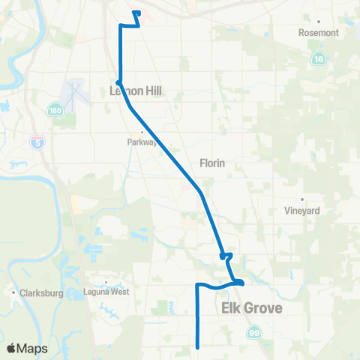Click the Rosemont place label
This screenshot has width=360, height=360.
(319, 33)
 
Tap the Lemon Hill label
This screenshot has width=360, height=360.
(135, 91)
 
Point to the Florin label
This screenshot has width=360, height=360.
(213, 163)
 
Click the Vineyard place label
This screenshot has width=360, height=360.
(302, 211)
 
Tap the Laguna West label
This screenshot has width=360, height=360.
(106, 292)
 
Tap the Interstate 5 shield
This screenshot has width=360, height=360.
(37, 140)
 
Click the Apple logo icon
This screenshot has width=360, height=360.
(12, 349)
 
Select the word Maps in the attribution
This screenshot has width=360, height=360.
(32, 349)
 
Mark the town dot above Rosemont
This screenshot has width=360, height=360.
(319, 22)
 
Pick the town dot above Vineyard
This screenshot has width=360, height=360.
(302, 199)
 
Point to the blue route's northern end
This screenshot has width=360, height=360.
(135, 12)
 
